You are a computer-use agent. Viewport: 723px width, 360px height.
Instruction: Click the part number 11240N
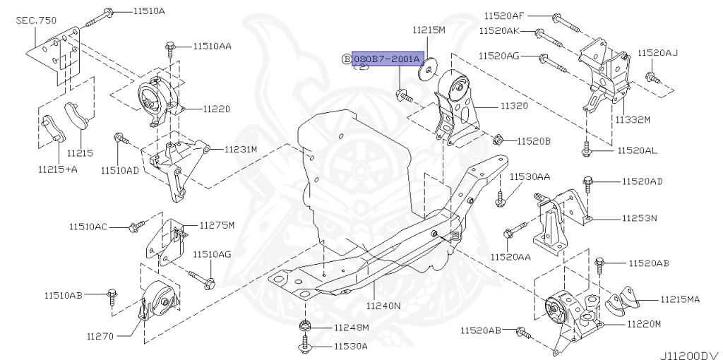(x=383, y=306)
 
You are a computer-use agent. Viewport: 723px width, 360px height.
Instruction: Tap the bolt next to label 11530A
(x=304, y=346)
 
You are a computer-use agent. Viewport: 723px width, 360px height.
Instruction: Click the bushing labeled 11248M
(x=304, y=327)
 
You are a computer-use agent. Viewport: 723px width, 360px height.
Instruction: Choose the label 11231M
(x=241, y=149)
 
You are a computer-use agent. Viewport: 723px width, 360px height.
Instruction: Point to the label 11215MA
(x=680, y=299)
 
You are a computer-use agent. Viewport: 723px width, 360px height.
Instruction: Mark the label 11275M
(x=216, y=225)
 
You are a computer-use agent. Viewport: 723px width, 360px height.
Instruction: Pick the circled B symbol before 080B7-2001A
(x=346, y=59)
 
